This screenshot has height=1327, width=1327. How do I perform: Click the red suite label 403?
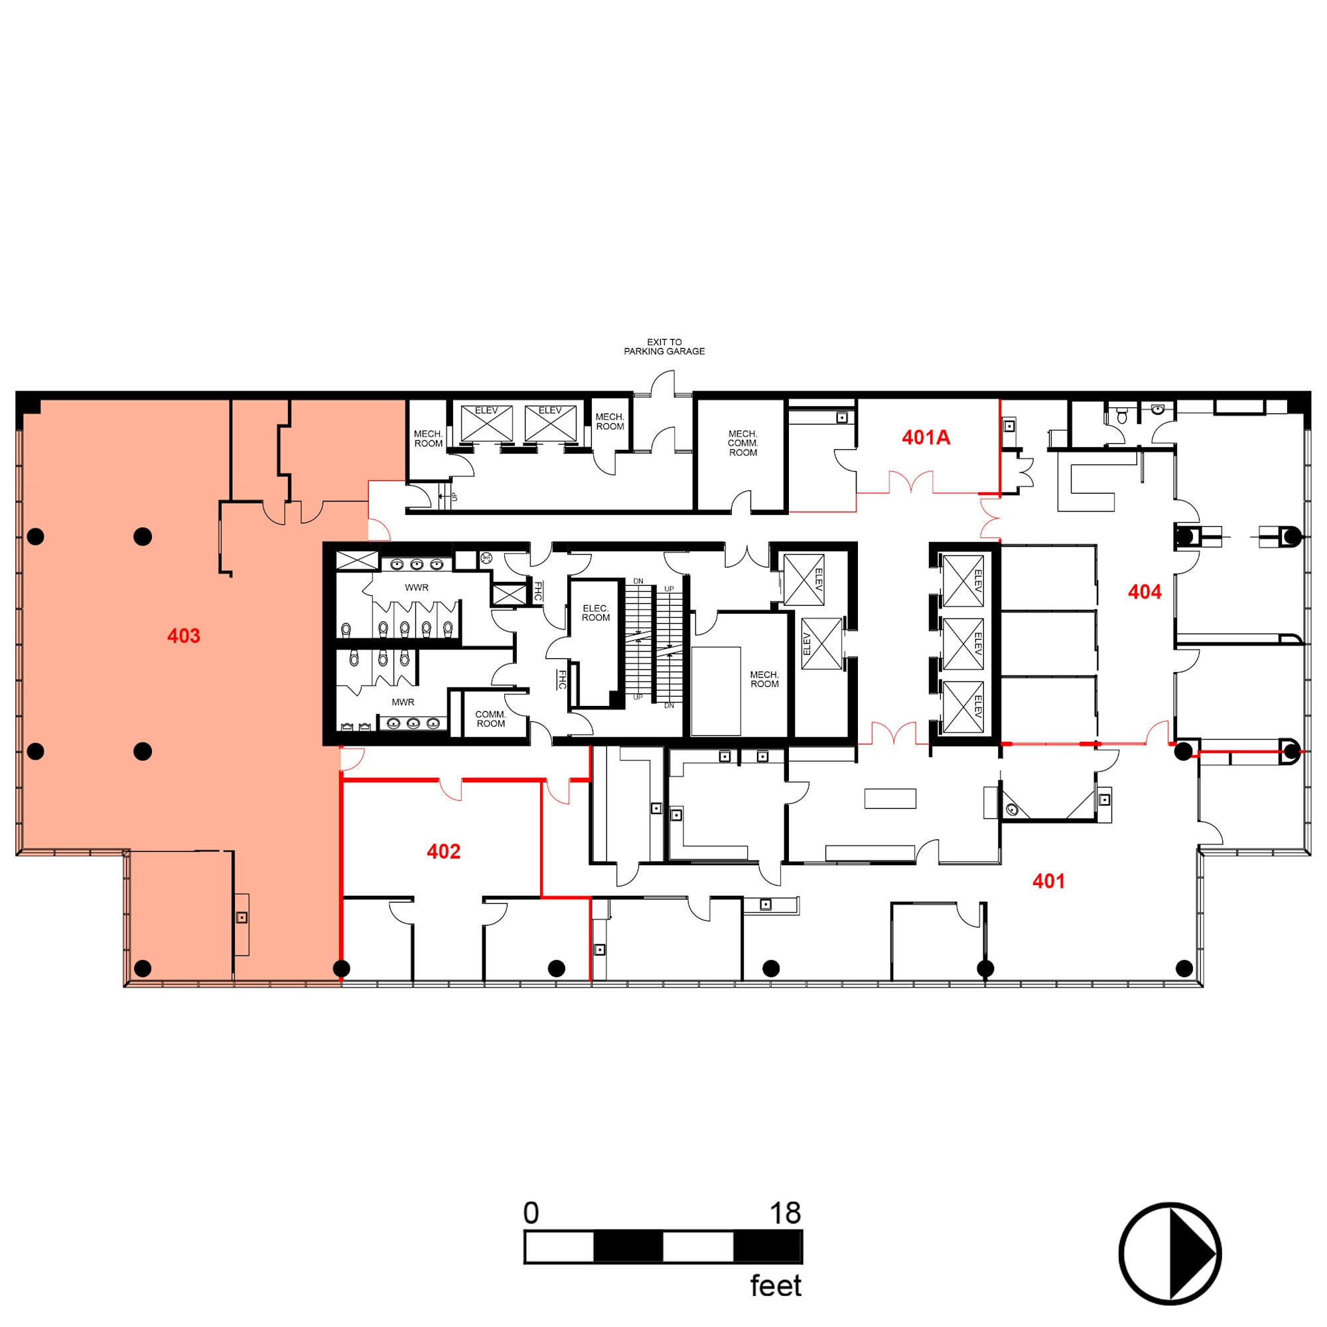tap(183, 636)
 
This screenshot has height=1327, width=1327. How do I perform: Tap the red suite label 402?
tap(443, 852)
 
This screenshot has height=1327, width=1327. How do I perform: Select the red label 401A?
tap(926, 437)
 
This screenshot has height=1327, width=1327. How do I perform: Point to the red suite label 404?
tap(1145, 592)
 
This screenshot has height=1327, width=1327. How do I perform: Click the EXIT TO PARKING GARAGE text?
tap(663, 346)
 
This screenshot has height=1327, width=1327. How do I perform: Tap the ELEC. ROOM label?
tap(596, 612)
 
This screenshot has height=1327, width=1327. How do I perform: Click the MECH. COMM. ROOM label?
tap(742, 443)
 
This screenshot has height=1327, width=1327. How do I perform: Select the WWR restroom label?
tap(416, 587)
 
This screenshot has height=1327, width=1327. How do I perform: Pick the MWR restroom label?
tap(403, 702)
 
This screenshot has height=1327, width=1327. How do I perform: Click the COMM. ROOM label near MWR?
tap(490, 719)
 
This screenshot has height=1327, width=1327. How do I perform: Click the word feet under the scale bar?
tap(776, 1286)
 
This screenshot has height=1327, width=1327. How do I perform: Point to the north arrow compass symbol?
tap(1170, 1253)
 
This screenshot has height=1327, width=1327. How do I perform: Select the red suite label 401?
tap(1048, 881)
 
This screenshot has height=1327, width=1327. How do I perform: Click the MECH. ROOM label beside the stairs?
tap(764, 679)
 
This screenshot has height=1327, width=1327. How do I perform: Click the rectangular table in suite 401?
tap(890, 798)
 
